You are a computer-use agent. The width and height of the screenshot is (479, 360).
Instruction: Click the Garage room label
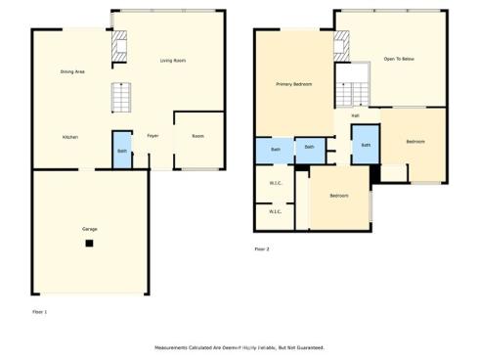(90, 228)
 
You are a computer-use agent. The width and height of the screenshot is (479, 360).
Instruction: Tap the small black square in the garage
(90, 242)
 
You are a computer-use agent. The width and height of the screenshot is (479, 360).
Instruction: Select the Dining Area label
(72, 71)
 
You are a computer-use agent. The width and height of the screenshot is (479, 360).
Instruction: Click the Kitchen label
(70, 137)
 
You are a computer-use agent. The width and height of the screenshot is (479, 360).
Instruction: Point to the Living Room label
(173, 61)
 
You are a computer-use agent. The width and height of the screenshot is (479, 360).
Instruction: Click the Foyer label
(152, 136)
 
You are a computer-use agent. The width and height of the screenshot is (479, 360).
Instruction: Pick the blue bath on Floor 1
(122, 151)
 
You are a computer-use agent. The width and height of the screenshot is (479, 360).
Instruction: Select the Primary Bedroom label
(293, 84)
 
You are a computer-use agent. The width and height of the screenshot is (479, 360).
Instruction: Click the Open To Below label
(399, 60)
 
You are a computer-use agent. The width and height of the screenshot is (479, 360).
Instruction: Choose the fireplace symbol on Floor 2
(341, 44)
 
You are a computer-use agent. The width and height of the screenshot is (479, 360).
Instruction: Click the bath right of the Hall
(366, 145)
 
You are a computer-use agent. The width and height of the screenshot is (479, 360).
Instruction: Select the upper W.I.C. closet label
(276, 183)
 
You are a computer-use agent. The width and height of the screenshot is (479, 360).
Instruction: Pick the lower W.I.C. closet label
(276, 211)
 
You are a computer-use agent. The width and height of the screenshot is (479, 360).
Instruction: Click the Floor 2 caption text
(262, 249)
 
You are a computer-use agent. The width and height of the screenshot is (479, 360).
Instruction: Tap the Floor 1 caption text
(39, 311)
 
